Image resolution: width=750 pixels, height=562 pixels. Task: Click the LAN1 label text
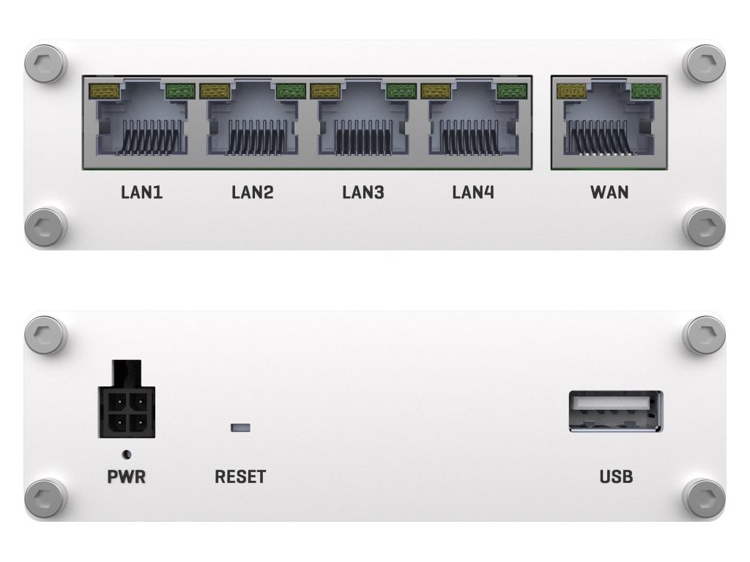pyautogui.click(x=141, y=192)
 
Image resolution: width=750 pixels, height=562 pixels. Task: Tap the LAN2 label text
pyautogui.click(x=252, y=192)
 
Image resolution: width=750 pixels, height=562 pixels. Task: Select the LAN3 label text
pyautogui.click(x=363, y=192)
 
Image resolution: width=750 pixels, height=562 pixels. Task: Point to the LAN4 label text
pyautogui.click(x=472, y=192)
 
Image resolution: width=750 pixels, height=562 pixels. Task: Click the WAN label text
pyautogui.click(x=609, y=192)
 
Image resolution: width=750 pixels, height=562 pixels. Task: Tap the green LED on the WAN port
pyautogui.click(x=645, y=91)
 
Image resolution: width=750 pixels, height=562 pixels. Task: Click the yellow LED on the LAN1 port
pyautogui.click(x=103, y=91)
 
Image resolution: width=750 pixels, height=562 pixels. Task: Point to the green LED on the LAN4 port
pyautogui.click(x=511, y=91)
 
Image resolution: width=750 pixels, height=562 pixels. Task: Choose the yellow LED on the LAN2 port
pyautogui.click(x=214, y=91)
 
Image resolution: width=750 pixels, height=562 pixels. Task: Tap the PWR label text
pyautogui.click(x=126, y=477)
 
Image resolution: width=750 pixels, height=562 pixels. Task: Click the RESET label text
pyautogui.click(x=240, y=477)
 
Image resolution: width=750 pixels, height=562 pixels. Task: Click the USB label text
pyautogui.click(x=616, y=477)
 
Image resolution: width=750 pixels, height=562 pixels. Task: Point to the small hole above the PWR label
pyautogui.click(x=127, y=454)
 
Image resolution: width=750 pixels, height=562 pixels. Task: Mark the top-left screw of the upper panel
pyautogui.click(x=45, y=64)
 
